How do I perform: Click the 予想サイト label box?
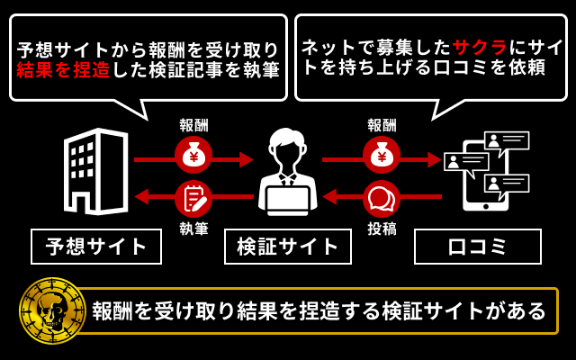pos(96,246)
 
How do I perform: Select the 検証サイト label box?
pos(288,246)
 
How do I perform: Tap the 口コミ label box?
pos(478,246)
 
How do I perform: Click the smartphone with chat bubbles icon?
pos(486,171)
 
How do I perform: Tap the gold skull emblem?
pos(52,311)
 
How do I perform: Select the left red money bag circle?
pos(193,156)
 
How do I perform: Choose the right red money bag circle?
pos(382,156)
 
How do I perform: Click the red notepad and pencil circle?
pos(193,198)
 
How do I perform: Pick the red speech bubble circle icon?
pos(382,198)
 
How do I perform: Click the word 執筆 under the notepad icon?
pos(193,229)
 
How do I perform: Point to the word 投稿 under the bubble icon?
pos(382,229)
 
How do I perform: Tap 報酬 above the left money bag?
pos(193,125)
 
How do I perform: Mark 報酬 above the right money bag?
pos(382,125)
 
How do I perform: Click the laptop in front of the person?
pos(288,200)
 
